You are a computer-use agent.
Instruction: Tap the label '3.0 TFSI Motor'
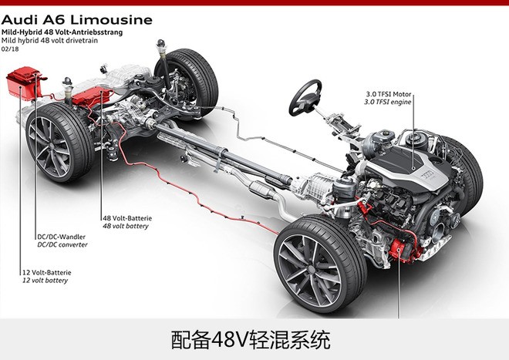point(392,93)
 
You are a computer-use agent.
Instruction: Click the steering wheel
point(306,96)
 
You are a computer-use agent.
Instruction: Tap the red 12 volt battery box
point(24,82)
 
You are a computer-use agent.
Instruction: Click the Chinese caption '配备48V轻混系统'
point(254,340)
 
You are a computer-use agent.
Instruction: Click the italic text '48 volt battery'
point(126,227)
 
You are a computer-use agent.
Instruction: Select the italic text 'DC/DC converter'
point(62,245)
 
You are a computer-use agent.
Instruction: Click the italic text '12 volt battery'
point(44,281)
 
